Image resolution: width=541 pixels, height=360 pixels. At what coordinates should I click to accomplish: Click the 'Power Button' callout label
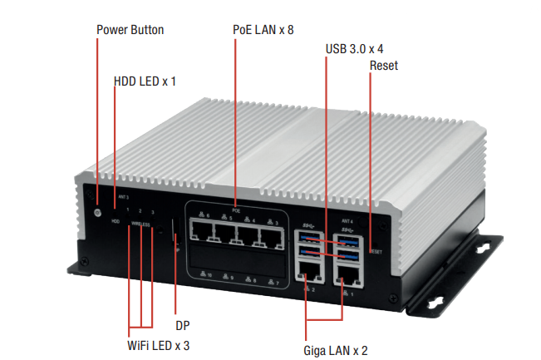pos(130,30)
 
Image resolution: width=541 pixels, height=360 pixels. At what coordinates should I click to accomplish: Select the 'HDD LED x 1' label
pos(145,81)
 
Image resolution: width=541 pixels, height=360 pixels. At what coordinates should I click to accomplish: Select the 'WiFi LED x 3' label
pos(158,344)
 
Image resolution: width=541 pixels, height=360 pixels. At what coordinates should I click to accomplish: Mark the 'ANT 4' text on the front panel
pos(348,221)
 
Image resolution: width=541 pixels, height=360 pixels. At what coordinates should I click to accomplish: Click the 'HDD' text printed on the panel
pos(116,223)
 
